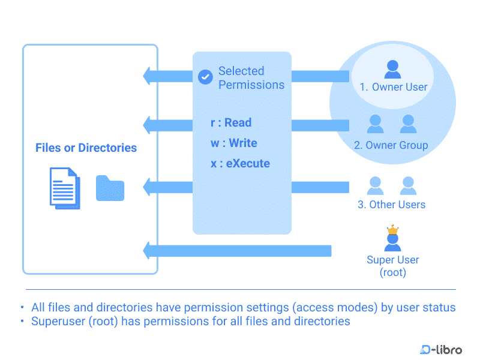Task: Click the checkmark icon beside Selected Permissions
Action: pos(205,77)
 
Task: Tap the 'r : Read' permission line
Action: pos(231,122)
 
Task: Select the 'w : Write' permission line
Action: pos(234,143)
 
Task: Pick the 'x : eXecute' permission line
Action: pos(240,163)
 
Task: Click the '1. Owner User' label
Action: pos(394,87)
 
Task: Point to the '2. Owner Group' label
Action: pos(391,145)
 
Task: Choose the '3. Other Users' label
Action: pos(391,205)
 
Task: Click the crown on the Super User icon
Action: pos(392,229)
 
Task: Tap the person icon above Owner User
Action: pos(393,69)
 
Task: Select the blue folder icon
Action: pos(110,188)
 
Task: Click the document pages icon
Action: pos(64,187)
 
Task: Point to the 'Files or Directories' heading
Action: pos(86,148)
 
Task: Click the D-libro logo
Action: pos(441,349)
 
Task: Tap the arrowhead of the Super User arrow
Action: pos(148,250)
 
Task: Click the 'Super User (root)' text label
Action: pos(393,266)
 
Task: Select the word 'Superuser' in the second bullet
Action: pos(58,321)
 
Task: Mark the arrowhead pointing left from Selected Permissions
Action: pos(148,76)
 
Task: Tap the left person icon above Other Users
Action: pos(376,185)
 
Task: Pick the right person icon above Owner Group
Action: pos(409,124)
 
